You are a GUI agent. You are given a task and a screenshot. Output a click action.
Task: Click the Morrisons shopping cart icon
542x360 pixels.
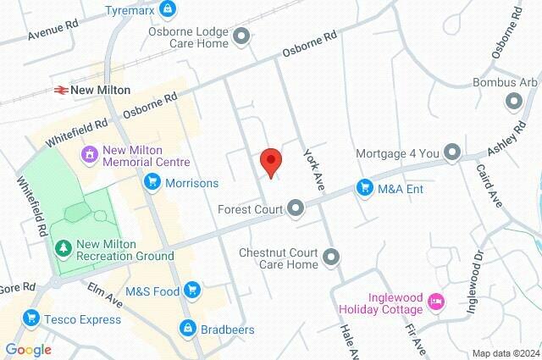tap(152, 181)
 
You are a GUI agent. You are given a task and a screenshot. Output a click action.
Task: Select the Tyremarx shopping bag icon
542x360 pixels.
tap(169, 10)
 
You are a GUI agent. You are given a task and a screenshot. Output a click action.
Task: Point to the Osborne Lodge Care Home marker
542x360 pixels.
tap(242, 36)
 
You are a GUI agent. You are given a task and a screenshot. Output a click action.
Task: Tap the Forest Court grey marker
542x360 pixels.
tap(296, 208)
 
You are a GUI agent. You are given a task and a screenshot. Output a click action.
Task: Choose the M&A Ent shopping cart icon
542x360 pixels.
tap(365, 187)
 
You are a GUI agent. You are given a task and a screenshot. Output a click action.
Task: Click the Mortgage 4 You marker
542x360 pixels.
tap(452, 154)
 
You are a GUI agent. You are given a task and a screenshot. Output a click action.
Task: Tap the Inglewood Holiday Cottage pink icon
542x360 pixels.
tap(436, 302)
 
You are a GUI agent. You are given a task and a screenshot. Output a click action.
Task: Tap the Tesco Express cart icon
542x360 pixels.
tap(31, 318)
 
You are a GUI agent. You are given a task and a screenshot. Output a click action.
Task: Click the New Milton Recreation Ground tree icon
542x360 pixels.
tap(62, 247)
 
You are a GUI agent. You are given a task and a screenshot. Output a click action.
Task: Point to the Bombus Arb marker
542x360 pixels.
tap(513, 102)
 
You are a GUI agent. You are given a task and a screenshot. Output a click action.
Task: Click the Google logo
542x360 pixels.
tap(28, 349)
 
